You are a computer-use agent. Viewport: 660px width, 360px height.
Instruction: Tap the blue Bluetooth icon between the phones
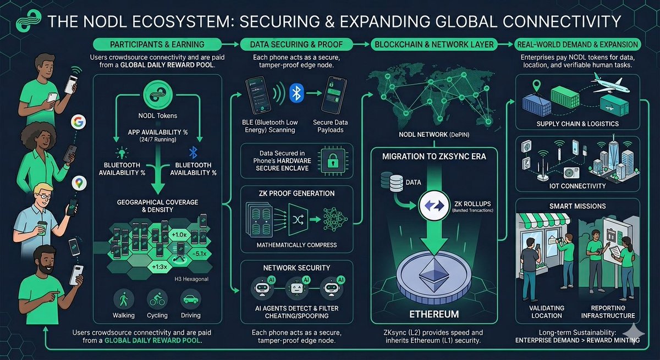click(296, 93)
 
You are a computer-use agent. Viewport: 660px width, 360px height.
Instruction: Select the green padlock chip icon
click(333, 160)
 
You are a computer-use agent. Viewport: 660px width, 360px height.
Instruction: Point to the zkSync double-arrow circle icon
click(434, 206)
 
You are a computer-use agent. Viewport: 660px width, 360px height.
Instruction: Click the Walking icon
click(124, 300)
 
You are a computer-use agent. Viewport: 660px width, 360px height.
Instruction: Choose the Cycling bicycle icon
click(157, 300)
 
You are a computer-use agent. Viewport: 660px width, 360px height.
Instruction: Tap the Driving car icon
click(191, 300)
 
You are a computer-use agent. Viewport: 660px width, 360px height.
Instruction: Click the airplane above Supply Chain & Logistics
click(610, 84)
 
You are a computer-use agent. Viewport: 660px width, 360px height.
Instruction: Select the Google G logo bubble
click(78, 122)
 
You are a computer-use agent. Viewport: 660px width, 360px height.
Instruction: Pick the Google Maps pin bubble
click(79, 183)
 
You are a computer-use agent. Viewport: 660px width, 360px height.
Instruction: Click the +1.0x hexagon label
click(179, 235)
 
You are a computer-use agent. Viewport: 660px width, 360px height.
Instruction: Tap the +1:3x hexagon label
click(159, 267)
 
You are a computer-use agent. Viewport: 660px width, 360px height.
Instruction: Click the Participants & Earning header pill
click(157, 45)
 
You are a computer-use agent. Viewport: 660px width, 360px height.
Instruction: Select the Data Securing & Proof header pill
click(296, 45)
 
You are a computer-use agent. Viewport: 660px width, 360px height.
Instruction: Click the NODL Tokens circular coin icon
click(158, 95)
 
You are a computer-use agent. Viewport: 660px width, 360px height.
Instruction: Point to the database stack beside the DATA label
click(392, 181)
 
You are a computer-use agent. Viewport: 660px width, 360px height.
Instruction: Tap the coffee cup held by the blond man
click(42, 228)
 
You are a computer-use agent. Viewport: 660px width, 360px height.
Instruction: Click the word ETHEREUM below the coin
click(434, 314)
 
